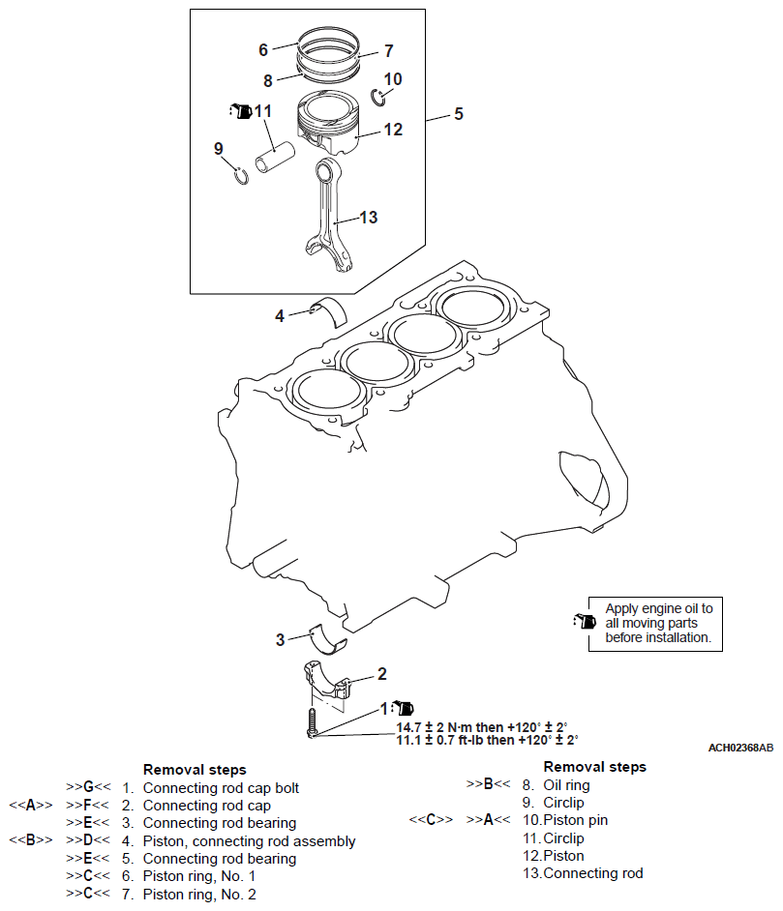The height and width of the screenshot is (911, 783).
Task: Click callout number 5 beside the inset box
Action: click(459, 114)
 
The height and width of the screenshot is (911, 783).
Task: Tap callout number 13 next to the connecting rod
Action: click(368, 218)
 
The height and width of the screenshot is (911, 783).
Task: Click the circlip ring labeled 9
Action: click(242, 174)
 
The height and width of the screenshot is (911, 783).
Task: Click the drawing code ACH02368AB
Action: click(740, 748)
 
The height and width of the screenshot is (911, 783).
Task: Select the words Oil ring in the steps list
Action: click(566, 785)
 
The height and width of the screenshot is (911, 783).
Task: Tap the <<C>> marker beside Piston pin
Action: click(430, 820)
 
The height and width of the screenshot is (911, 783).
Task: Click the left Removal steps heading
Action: click(195, 770)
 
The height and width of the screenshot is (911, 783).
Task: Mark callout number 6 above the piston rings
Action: click(262, 49)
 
